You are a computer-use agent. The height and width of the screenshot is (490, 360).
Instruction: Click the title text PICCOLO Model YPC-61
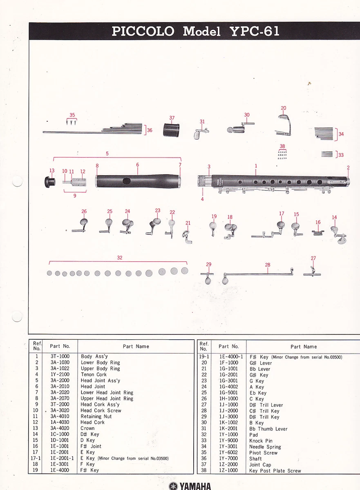point(195,31)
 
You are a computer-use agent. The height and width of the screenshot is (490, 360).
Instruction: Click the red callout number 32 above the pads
point(119,258)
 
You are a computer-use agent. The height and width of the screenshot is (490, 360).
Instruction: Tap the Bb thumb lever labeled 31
point(200,133)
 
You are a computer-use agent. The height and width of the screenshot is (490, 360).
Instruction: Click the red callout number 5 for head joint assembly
point(107,154)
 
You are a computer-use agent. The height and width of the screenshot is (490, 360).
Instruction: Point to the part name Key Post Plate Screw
point(275,470)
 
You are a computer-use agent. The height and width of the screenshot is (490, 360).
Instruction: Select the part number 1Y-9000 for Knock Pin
point(228,441)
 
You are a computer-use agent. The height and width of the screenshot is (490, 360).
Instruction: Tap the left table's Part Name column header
point(136,346)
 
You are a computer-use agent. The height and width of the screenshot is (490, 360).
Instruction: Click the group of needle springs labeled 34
point(324,134)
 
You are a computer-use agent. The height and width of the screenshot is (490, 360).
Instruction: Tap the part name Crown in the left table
point(87,428)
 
